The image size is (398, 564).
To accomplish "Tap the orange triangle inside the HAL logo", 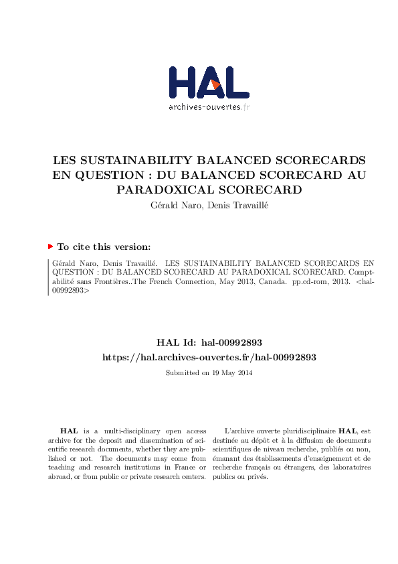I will (215, 84).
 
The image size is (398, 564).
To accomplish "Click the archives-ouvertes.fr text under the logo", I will (209, 107).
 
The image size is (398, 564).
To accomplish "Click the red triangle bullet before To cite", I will (50, 246).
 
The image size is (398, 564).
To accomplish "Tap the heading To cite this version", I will (104, 246).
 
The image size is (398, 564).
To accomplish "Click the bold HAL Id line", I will (209, 343).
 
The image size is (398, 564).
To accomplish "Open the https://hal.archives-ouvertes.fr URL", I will (209, 358).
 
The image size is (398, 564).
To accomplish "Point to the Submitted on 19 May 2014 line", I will (209, 372).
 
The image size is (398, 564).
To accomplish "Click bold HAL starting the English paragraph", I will (68, 431).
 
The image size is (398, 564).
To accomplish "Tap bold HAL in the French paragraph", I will (347, 431).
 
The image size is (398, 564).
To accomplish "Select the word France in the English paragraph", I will (176, 468).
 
